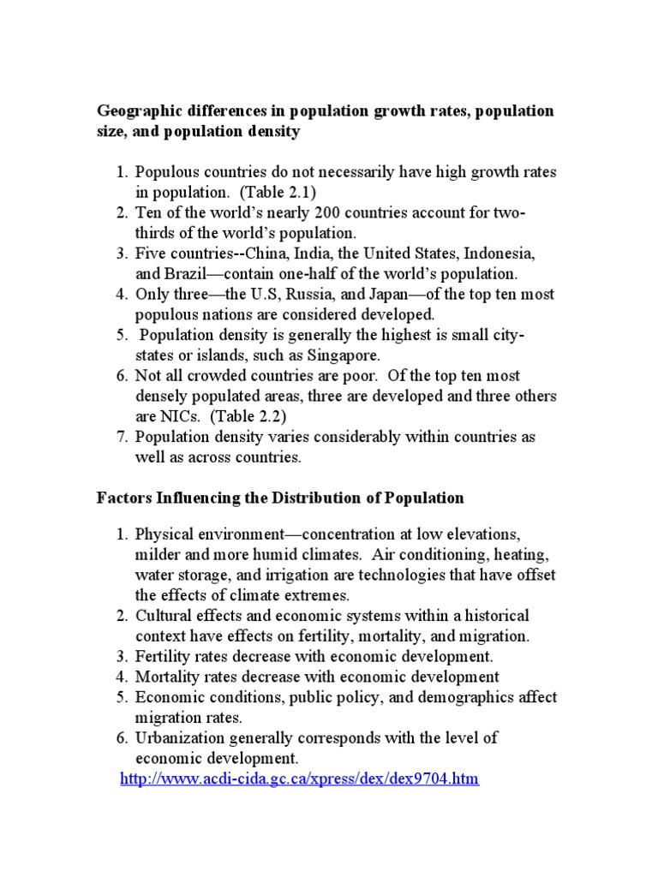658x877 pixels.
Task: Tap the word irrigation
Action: (x=281, y=575)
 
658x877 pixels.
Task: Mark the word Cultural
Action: (x=164, y=616)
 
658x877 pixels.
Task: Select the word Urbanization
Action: (x=179, y=737)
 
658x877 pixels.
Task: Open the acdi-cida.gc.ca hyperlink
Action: (x=299, y=779)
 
